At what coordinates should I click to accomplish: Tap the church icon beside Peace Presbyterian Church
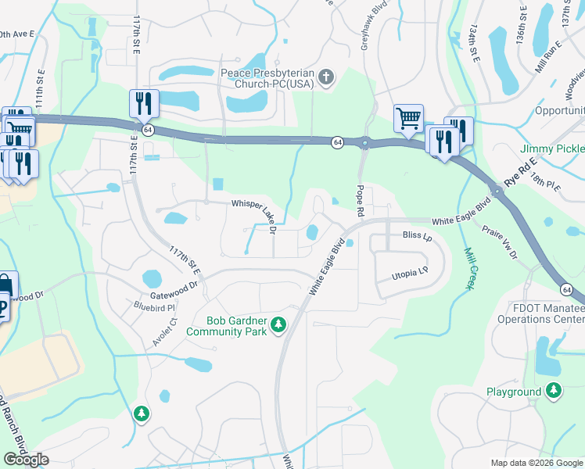[x=327, y=77]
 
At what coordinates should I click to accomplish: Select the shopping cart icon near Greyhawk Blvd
[x=408, y=119]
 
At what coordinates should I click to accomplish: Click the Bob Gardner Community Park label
[x=226, y=326]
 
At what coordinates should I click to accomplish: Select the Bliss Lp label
[x=417, y=235]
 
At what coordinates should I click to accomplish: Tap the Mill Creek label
[x=470, y=269]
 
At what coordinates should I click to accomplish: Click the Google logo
[x=27, y=460]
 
